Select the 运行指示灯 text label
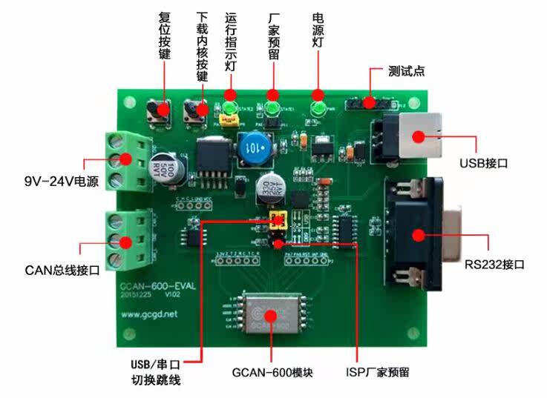coord(230,40)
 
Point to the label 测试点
coord(407,73)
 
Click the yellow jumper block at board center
coord(279,220)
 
